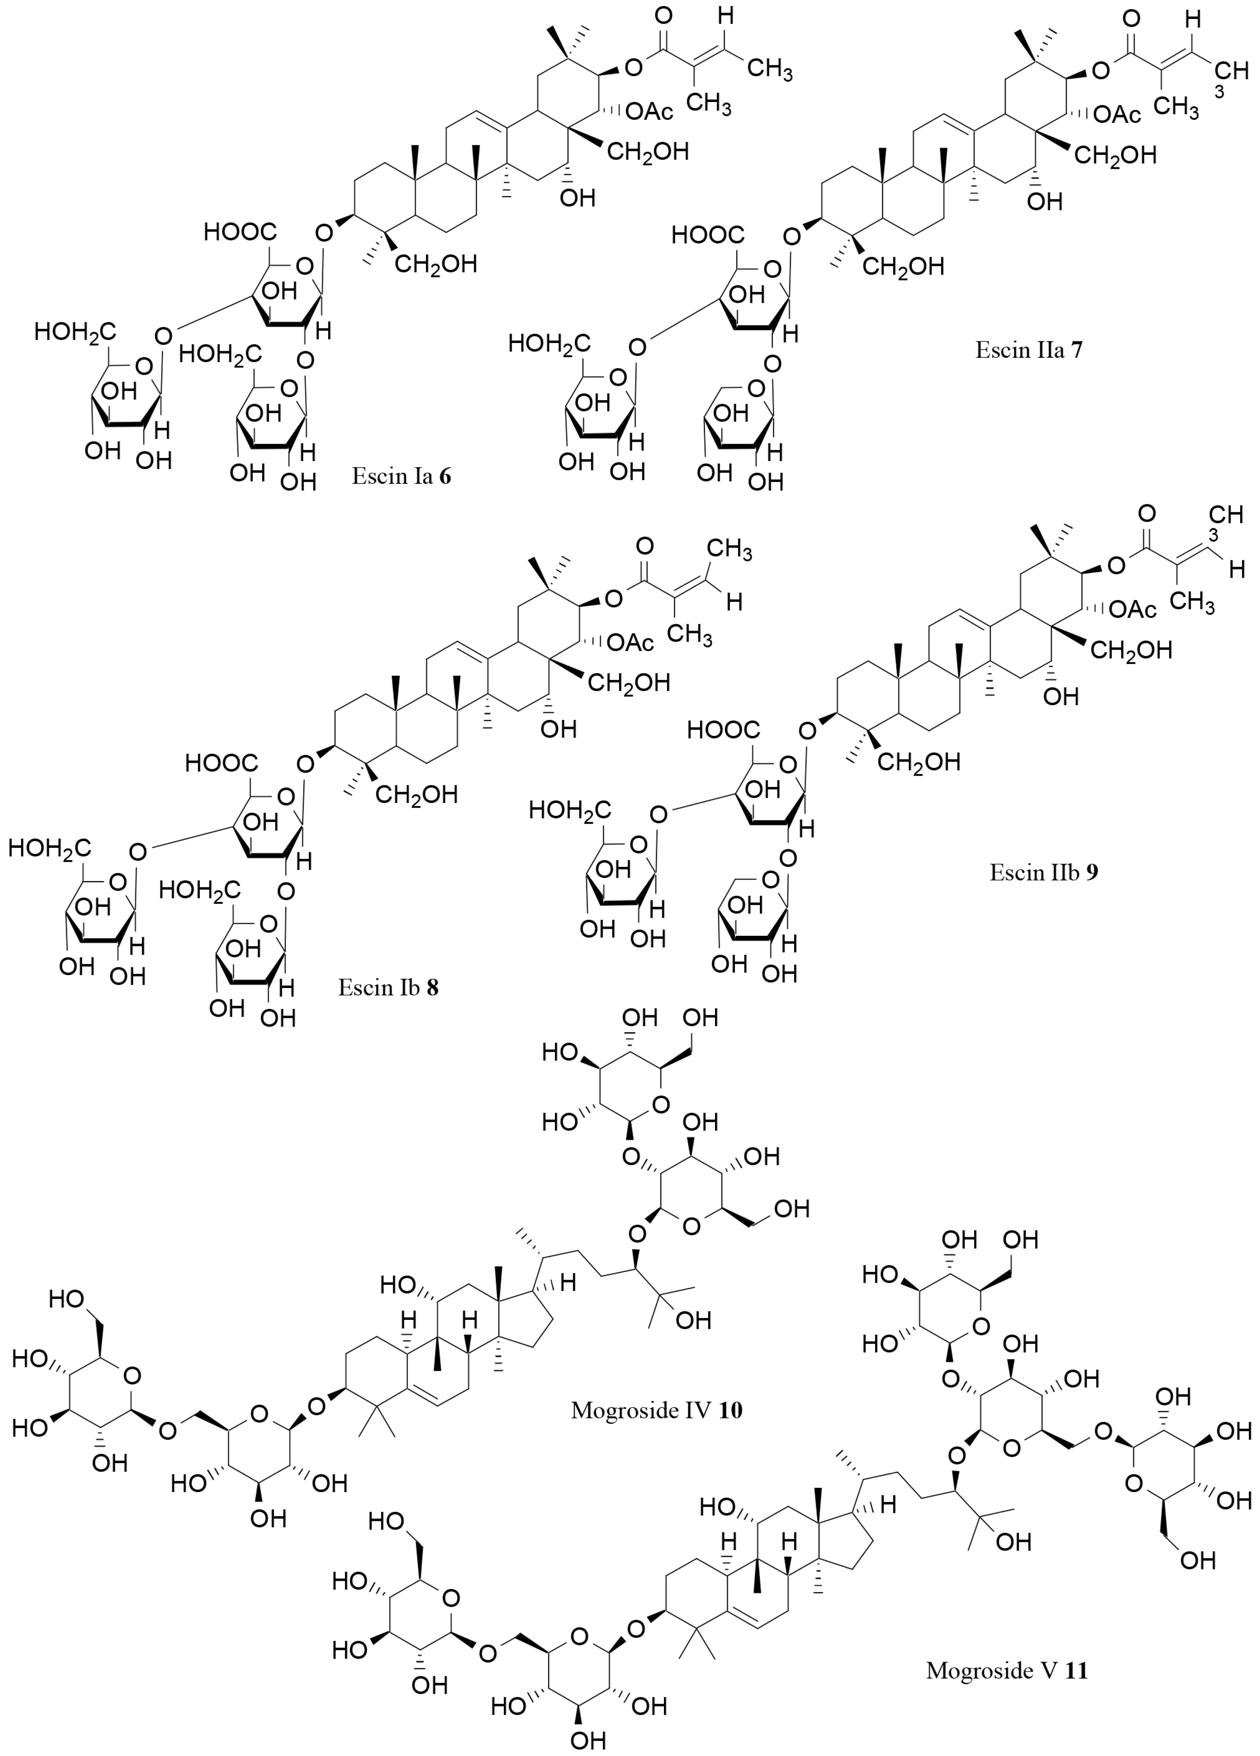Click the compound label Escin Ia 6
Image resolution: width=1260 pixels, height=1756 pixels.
coord(401,475)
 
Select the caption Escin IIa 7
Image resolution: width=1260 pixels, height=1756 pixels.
coord(1029,350)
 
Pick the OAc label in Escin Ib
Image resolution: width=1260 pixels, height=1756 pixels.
coord(631,642)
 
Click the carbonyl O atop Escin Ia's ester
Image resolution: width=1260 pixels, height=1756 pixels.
coord(663,16)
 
